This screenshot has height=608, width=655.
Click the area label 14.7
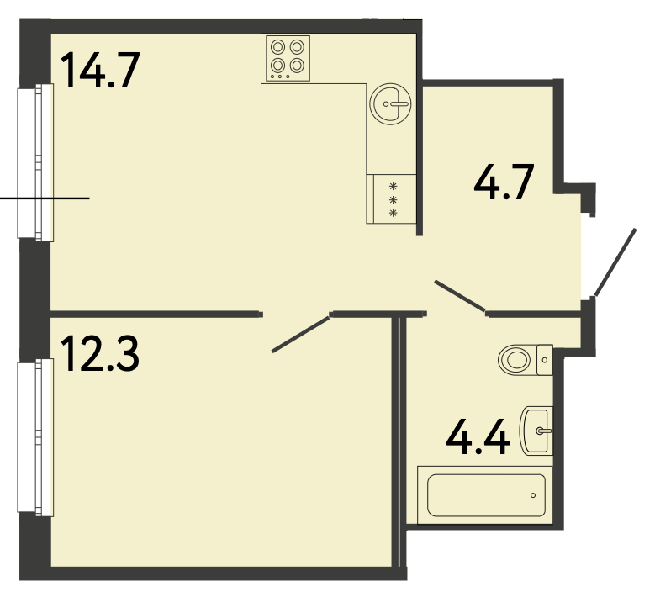tap(100, 70)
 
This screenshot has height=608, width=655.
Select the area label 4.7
tap(504, 182)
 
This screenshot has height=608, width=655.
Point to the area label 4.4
tap(478, 436)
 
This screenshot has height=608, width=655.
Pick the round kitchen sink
tap(391, 103)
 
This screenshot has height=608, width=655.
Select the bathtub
tap(486, 495)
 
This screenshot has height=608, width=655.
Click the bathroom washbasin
tap(536, 431)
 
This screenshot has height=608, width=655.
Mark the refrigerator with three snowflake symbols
tap(392, 199)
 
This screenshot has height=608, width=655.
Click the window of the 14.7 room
tap(35, 162)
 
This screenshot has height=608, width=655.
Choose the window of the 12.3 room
tap(35, 437)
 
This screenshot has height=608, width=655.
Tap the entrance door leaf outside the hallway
tap(615, 262)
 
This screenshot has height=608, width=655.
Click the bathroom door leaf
tap(460, 296)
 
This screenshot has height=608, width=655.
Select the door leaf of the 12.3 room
tap(301, 335)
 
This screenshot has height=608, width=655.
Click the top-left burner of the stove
tap(277, 47)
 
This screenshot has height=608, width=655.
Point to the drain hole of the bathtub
tap(533, 495)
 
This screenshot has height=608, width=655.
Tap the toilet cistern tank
tap(545, 360)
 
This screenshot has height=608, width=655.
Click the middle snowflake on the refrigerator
tap(393, 200)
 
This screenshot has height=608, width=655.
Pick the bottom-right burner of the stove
tap(297, 66)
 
